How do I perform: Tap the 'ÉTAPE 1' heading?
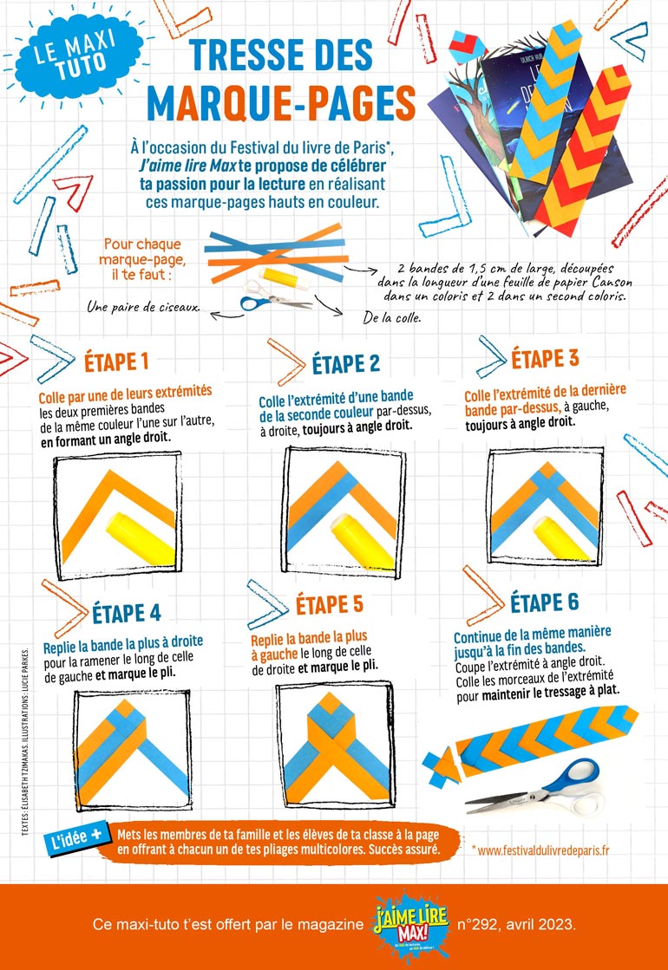pos(116,361)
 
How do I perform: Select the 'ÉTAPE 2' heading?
pos(345,364)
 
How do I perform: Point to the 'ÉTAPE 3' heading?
pos(545,359)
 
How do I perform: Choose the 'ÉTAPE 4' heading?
pos(127,613)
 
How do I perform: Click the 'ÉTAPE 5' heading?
pos(330,604)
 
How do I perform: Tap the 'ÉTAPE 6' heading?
pos(545,602)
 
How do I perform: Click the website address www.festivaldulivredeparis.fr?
pos(540,850)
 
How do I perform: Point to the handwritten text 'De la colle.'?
pos(392,319)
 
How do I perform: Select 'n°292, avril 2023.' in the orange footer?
pos(516,926)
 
